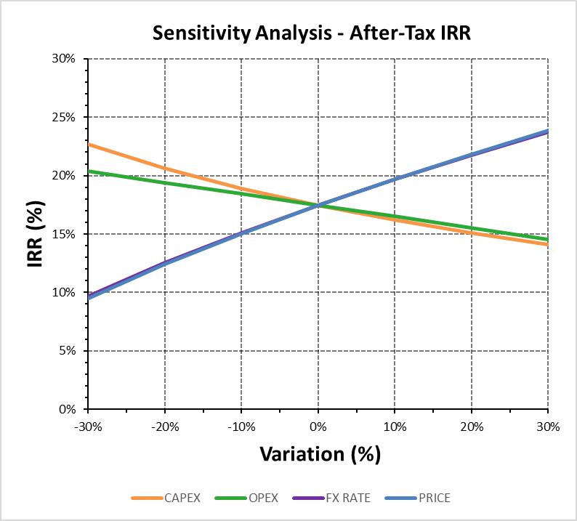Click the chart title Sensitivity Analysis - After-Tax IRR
tap(312, 33)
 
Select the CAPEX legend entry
tap(166, 498)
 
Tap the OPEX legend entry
tap(246, 498)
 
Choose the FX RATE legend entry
tap(331, 498)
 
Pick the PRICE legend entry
tap(418, 498)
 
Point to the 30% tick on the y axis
tap(64, 59)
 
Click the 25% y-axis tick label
tap(64, 118)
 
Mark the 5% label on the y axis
tap(67, 351)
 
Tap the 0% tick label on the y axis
tap(67, 409)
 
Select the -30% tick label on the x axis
tap(89, 427)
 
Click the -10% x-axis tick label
tap(241, 427)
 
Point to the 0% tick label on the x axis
tap(318, 427)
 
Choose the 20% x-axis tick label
tap(472, 427)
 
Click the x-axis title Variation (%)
tap(320, 453)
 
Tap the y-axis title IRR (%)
tap(36, 235)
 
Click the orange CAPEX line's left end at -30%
tap(89, 144)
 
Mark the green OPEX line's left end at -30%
tap(89, 171)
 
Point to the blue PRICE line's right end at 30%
tap(548, 131)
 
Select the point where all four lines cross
tap(318, 206)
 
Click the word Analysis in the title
tap(294, 33)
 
